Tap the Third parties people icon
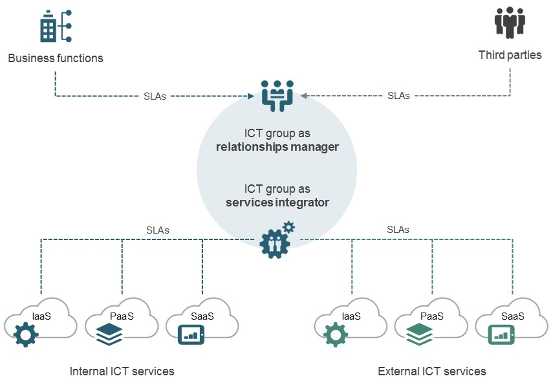tap(510, 23)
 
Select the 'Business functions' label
tap(56, 58)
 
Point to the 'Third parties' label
tap(510, 55)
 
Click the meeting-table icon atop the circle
tap(277, 95)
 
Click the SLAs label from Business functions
tap(155, 96)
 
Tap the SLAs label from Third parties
tap(398, 96)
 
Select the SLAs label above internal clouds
tap(158, 230)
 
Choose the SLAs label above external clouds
tap(398, 230)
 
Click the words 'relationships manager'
tap(277, 147)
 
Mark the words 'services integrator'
tap(277, 203)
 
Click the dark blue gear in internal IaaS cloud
tap(27, 335)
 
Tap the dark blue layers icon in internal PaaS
tap(109, 335)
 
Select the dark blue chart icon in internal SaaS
tap(191, 334)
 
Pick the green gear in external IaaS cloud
tap(336, 335)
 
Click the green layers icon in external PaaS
tap(419, 335)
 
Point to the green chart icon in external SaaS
tap(501, 334)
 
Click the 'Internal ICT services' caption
tap(122, 371)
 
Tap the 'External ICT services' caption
tap(432, 371)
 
